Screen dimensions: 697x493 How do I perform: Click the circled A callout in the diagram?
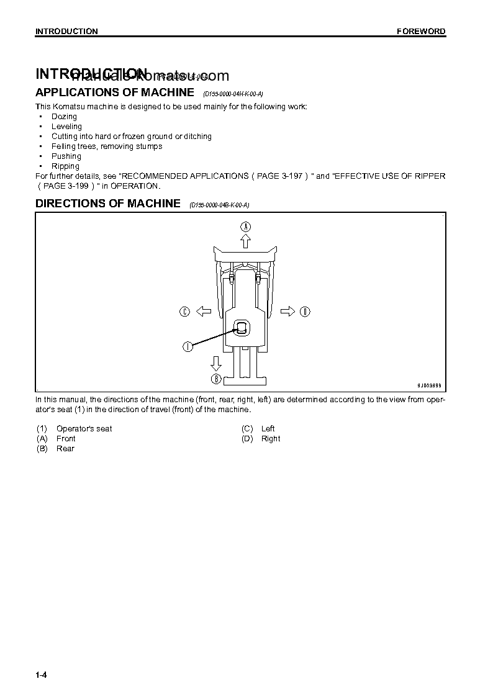[x=245, y=227]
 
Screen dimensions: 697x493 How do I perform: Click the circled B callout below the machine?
[x=216, y=379]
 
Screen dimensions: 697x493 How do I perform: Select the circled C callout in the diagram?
[x=184, y=312]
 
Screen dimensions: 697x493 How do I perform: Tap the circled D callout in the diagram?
[x=305, y=312]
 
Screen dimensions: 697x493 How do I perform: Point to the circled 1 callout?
[x=188, y=347]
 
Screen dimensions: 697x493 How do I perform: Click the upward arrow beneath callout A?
[x=245, y=241]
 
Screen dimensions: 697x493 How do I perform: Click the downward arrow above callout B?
[x=216, y=363]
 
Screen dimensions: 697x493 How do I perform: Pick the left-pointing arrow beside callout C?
[x=202, y=312]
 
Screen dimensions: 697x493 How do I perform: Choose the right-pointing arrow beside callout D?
[x=287, y=312]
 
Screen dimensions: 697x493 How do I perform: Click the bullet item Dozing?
[x=64, y=117]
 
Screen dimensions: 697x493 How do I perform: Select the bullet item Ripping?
[x=65, y=166]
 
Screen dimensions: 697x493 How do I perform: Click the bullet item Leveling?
[x=66, y=127]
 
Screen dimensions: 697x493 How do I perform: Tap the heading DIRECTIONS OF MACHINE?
[x=108, y=204]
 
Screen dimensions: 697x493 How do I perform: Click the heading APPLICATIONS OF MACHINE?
[x=115, y=92]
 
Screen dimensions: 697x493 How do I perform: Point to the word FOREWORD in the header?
[x=421, y=32]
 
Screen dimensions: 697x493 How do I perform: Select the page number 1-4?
[x=42, y=675]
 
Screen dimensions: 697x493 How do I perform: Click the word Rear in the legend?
[x=65, y=449]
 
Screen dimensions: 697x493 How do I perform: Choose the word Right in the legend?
[x=271, y=439]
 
